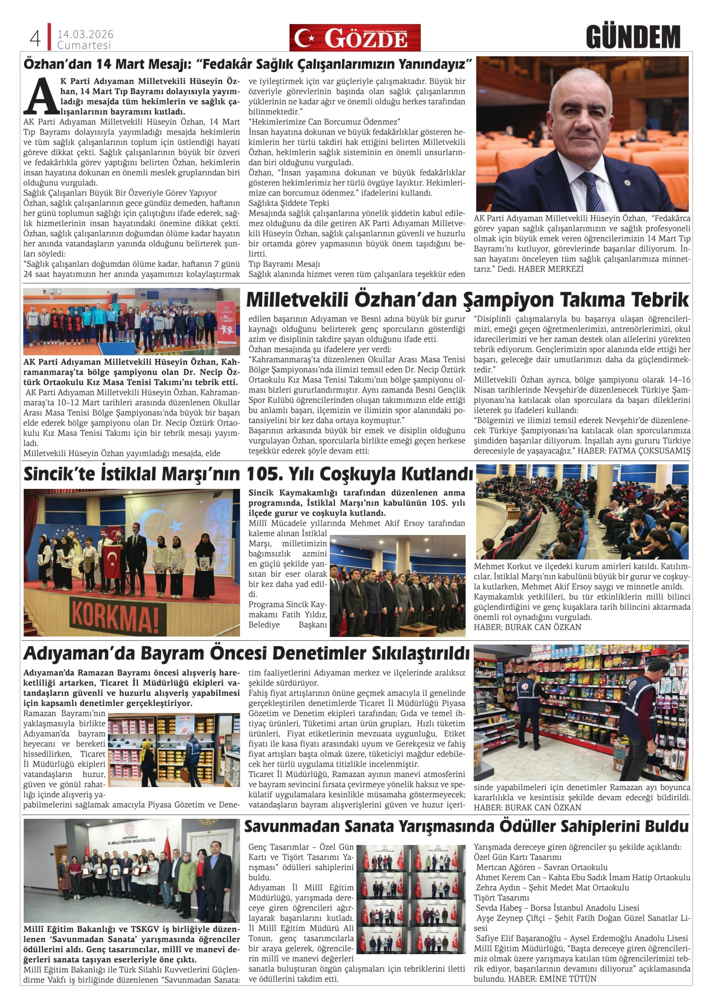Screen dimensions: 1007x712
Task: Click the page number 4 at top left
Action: (x=35, y=39)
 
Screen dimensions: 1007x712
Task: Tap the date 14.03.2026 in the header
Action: (x=85, y=34)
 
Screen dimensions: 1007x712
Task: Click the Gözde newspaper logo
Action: (x=355, y=38)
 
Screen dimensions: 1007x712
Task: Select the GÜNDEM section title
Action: (x=633, y=38)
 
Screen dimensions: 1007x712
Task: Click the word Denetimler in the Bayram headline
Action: (x=322, y=653)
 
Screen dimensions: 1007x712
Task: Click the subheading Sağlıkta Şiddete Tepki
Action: (x=289, y=203)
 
